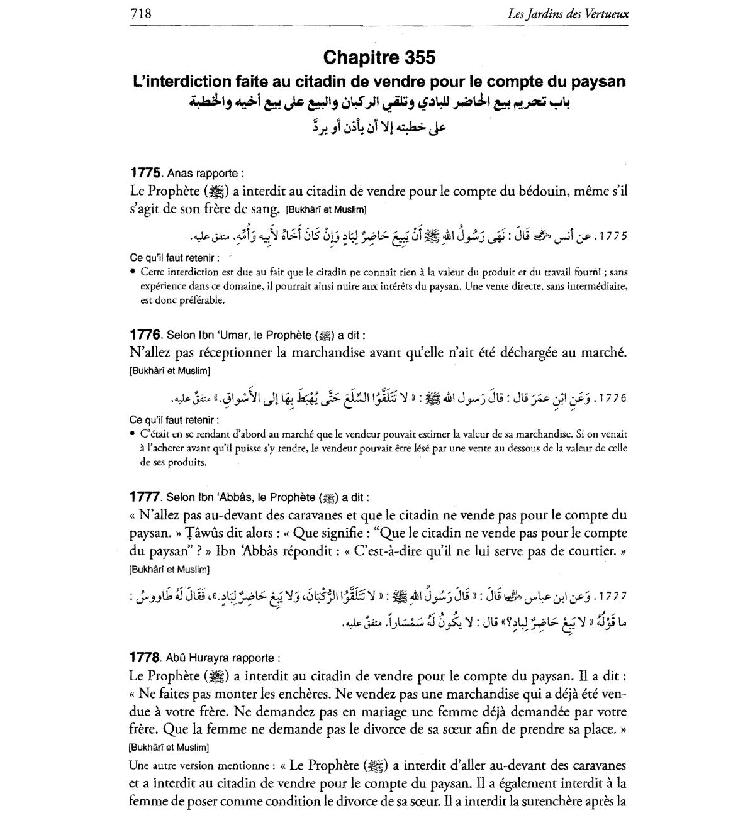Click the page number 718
pyautogui.click(x=140, y=13)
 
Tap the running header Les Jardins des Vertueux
pyautogui.click(x=568, y=13)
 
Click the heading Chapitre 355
pyautogui.click(x=379, y=57)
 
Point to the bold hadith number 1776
pyautogui.click(x=147, y=335)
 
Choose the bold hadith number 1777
pyautogui.click(x=147, y=497)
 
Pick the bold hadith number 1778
pyautogui.click(x=147, y=658)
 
